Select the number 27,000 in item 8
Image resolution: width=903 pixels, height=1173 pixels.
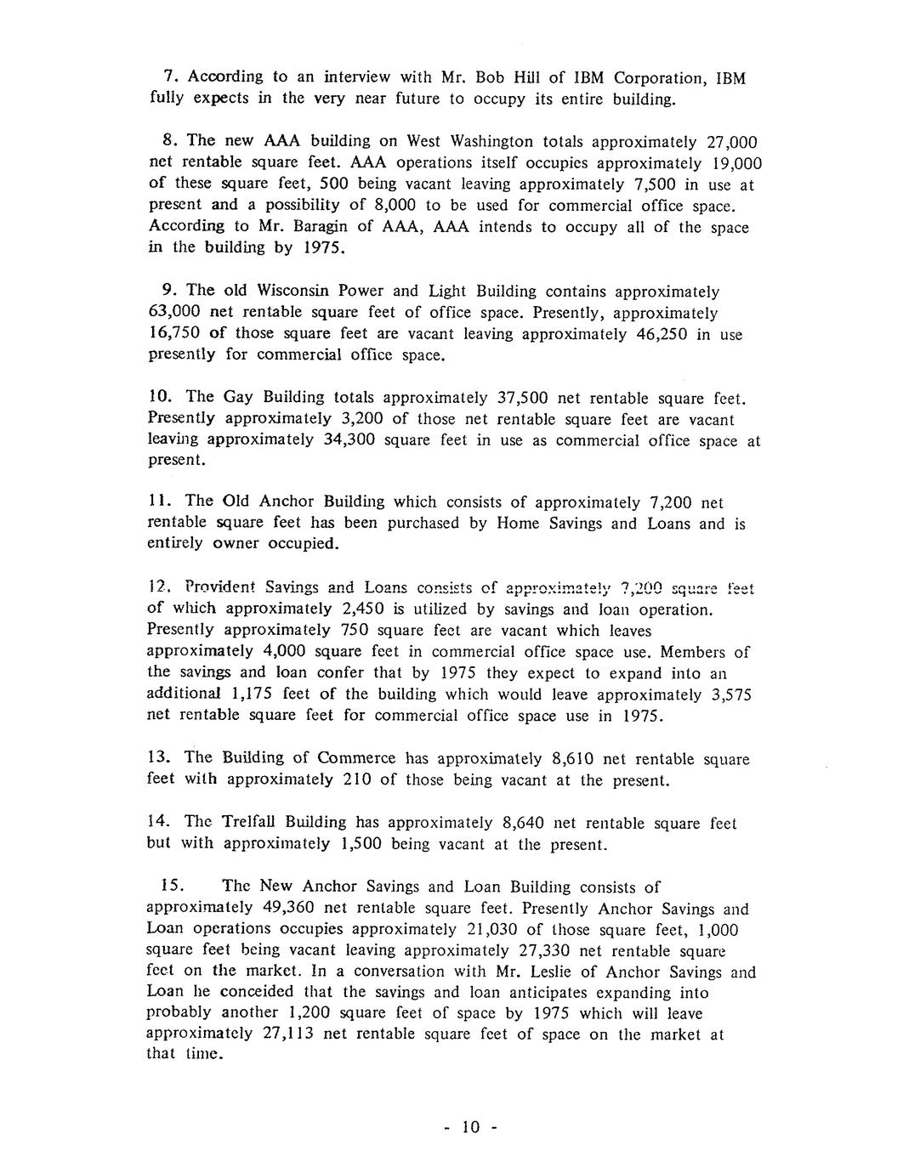pyautogui.click(x=726, y=142)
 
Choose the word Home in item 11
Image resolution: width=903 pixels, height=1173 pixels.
pyautogui.click(x=517, y=524)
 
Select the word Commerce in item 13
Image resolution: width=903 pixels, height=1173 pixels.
pyautogui.click(x=356, y=758)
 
